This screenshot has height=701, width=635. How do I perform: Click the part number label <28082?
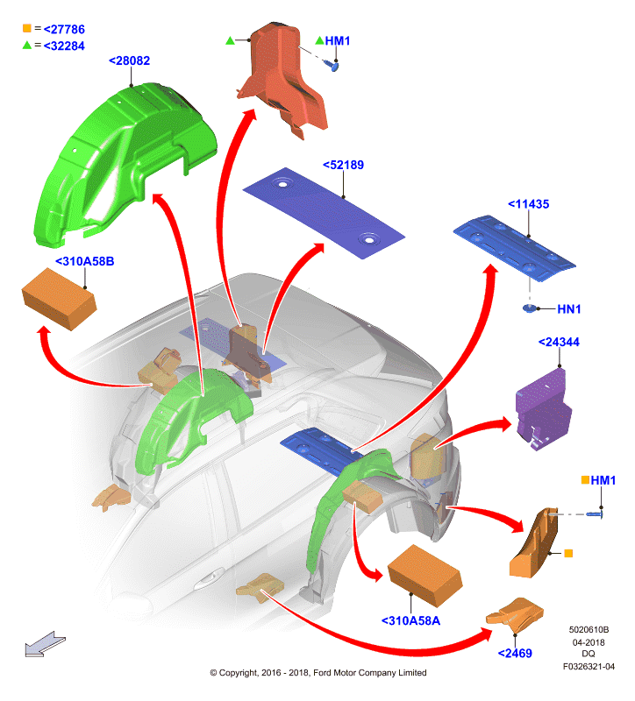pos(129,60)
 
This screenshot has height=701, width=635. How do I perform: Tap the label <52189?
pos(343,165)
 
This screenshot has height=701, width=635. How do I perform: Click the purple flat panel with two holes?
pos(324,213)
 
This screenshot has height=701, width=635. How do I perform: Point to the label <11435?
pos(528,204)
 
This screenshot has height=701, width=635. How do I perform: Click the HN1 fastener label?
pos(568,309)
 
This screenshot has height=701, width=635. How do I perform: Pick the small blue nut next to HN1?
pos(530,308)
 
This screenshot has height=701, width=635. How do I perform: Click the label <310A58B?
pos(84,261)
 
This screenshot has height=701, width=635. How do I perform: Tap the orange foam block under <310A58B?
pos(59,299)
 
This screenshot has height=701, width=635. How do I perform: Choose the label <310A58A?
pos(410,621)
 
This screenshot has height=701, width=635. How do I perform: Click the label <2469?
pos(515,654)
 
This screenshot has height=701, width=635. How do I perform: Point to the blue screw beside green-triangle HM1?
pos(334,67)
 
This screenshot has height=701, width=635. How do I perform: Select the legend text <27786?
pos(64,30)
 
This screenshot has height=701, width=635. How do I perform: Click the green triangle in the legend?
pos(27,46)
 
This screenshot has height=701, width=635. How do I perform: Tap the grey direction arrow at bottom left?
pos(46,644)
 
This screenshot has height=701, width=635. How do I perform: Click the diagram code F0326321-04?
pos(589,667)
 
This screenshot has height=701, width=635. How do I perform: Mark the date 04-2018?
pos(589,642)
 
